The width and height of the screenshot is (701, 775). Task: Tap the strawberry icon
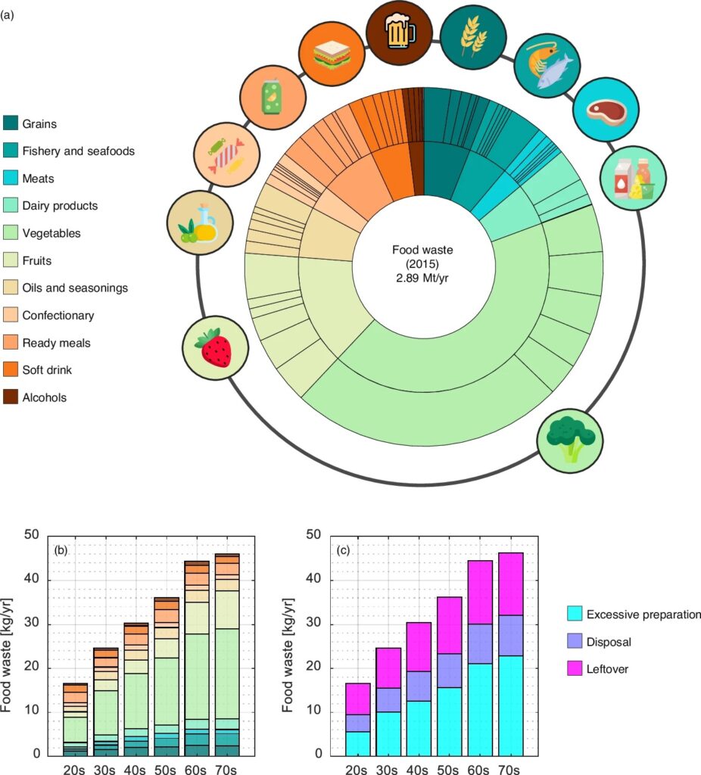[x=216, y=348]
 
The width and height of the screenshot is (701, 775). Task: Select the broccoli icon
[x=570, y=439]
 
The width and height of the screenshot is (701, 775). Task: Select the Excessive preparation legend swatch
[x=576, y=615]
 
